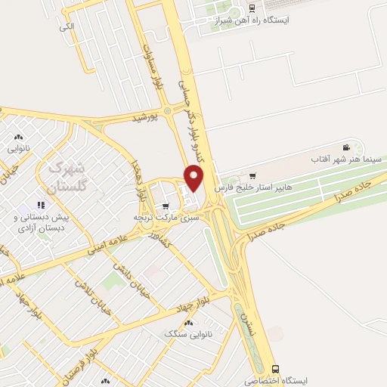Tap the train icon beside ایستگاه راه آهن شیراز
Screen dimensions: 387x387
251,10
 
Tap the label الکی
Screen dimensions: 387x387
69,26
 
